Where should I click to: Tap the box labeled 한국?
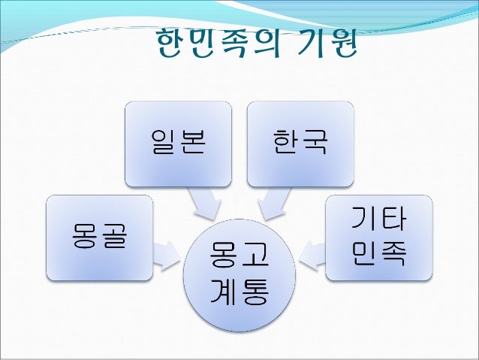(300, 143)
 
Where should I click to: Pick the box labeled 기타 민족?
(378, 237)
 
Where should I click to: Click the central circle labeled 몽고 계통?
(239, 276)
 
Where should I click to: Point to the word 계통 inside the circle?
(240, 295)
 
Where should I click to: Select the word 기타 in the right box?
(379, 220)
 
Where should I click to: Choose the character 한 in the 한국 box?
(285, 143)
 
